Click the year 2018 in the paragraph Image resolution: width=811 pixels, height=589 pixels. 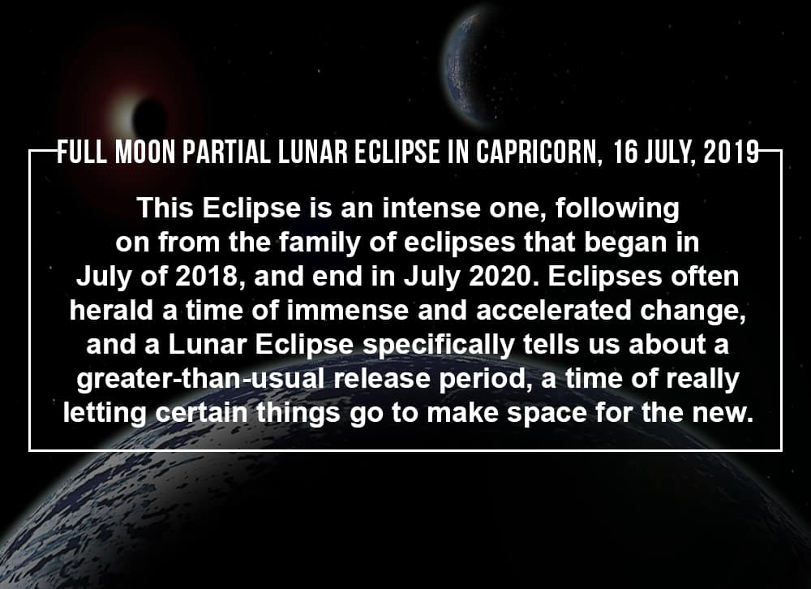click(206, 277)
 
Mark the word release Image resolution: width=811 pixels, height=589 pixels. click(382, 378)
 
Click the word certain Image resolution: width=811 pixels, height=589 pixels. click(201, 412)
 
